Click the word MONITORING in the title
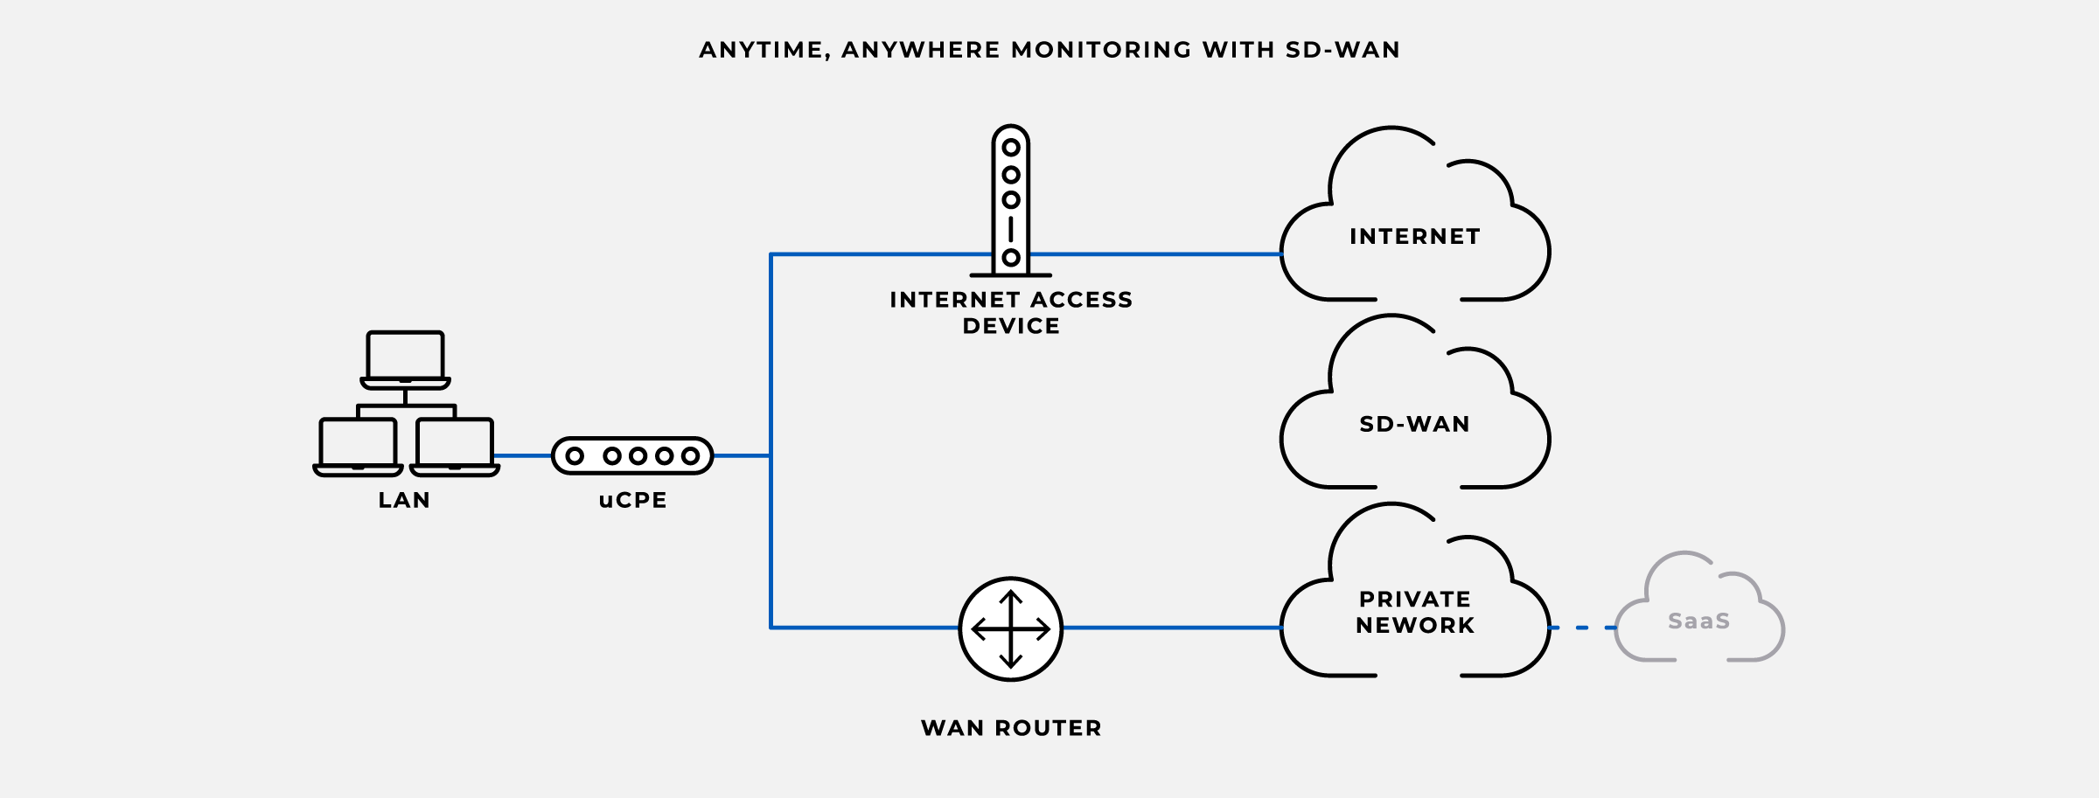1101,50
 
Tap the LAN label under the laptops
404,500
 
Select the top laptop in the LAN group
405,358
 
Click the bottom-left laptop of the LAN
358,446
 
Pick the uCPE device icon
632,455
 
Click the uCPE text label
632,500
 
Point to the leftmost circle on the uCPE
575,455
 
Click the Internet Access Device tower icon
1011,201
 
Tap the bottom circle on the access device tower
1011,257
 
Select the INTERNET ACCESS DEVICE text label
1011,312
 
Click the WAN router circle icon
1011,628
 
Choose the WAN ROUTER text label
1011,727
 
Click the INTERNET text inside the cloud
1414,236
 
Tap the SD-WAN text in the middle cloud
1414,424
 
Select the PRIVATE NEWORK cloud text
1414,612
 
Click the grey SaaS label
1698,621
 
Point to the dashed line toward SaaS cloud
1582,628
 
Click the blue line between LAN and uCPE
523,455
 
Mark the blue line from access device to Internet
1154,254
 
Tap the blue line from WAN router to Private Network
1172,628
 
